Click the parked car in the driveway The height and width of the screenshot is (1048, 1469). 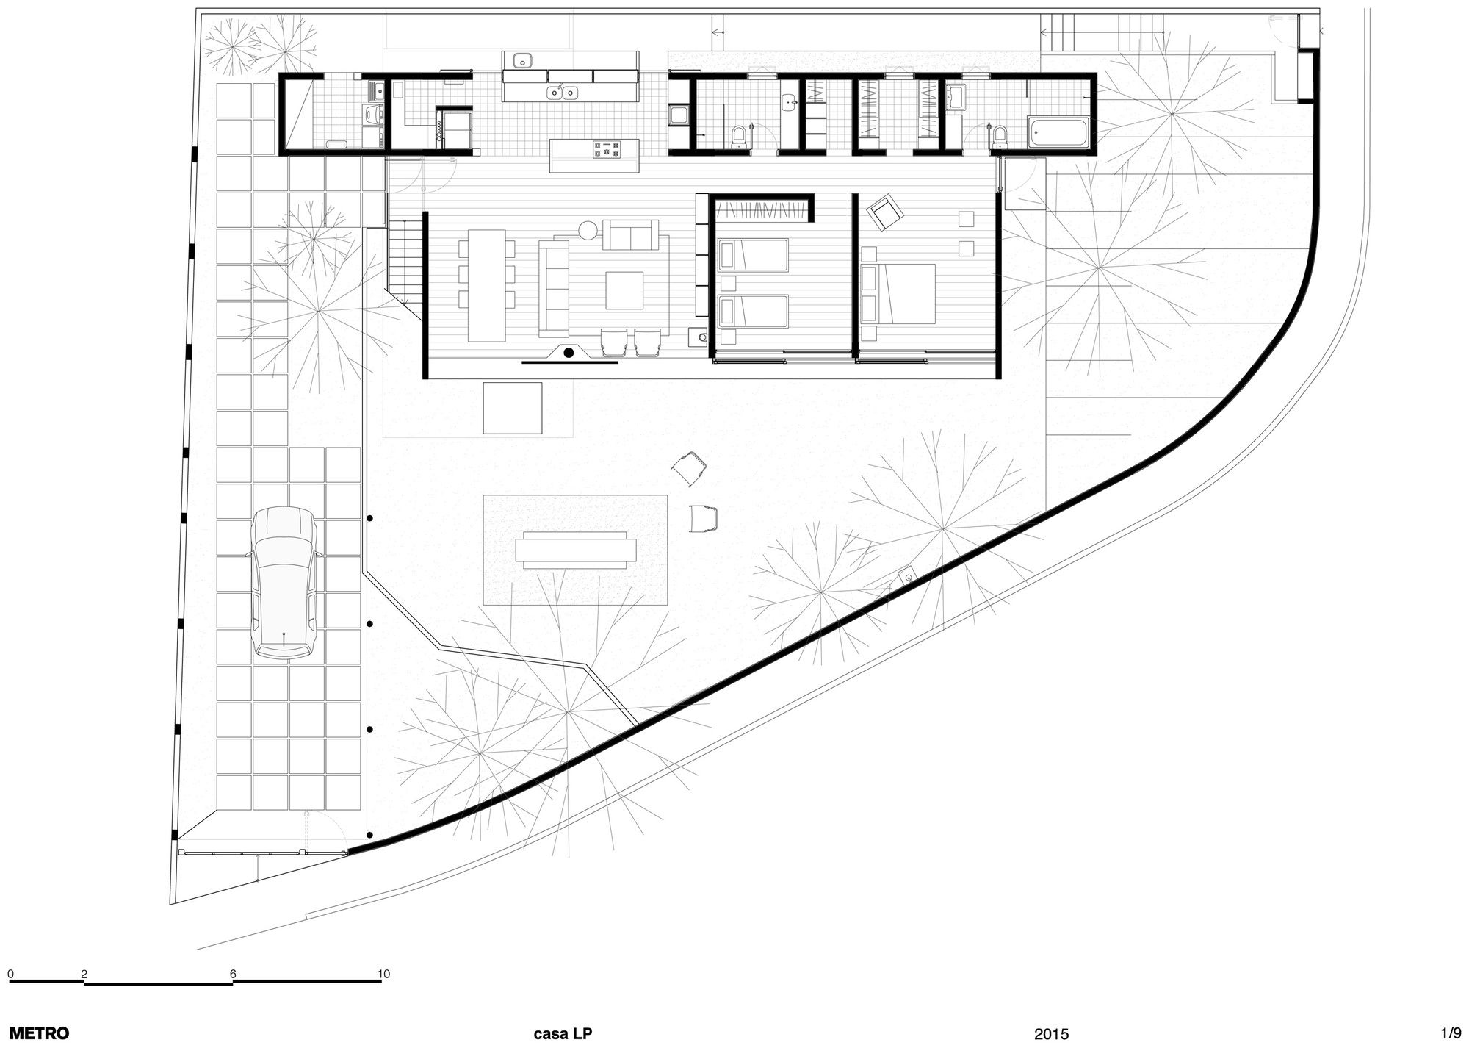coord(285,581)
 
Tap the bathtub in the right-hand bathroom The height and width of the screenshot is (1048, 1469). coord(1058,132)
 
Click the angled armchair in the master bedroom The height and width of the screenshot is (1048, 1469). coord(886,212)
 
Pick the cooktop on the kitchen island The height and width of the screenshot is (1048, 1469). coord(607,150)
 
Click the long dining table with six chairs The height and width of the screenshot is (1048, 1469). coord(486,285)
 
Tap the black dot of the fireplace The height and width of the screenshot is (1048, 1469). coord(569,353)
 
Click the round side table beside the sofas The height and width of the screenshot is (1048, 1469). coord(589,231)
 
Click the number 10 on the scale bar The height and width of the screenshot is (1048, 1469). coord(384,975)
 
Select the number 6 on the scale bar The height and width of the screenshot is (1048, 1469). coord(234,975)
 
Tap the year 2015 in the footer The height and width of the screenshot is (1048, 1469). coord(1052,1034)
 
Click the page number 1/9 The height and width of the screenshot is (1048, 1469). coord(1451,1033)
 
